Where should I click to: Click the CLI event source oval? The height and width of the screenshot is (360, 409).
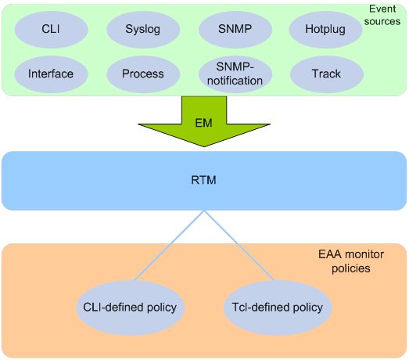tap(51, 30)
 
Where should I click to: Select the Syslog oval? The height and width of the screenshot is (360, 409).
tap(143, 30)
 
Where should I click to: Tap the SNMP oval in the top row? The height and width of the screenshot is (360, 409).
tap(235, 30)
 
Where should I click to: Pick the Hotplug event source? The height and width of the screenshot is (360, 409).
tap(325, 30)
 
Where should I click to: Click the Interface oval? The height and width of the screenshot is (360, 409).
tap(51, 74)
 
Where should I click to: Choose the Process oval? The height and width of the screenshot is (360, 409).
tap(143, 74)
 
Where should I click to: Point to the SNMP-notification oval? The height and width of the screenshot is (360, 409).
tap(235, 74)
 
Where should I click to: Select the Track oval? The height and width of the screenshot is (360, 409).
tap(327, 74)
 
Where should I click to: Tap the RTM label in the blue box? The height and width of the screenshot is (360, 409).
tap(203, 180)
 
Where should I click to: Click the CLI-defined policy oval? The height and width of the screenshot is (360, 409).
tap(130, 308)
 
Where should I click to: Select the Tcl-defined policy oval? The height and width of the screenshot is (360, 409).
tap(278, 308)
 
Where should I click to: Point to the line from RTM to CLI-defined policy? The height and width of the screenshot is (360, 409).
tap(169, 246)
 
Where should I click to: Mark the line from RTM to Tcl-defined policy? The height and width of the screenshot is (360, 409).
tap(239, 246)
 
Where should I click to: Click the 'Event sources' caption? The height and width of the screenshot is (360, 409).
tap(382, 15)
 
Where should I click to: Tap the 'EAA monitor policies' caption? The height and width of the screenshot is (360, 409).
tap(351, 261)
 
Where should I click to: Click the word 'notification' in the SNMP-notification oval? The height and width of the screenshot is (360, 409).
tap(235, 81)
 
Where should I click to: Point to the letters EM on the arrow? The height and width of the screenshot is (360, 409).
tap(203, 123)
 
